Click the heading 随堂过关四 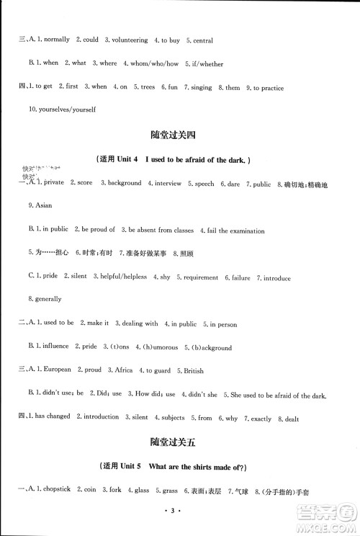(179, 135)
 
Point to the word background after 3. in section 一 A (125, 184)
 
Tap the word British (191, 370)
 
